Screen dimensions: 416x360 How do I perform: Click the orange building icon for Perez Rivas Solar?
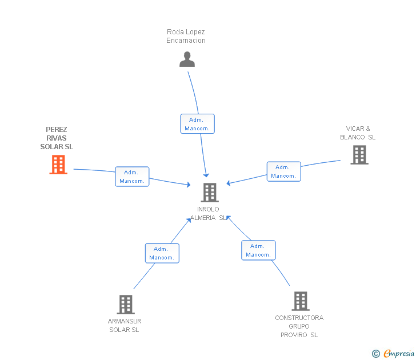click(58, 165)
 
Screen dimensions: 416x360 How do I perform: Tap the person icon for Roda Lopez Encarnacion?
click(187, 59)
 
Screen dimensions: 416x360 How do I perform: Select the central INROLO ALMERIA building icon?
click(210, 193)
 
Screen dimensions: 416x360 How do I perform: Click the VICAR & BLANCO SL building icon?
click(359, 155)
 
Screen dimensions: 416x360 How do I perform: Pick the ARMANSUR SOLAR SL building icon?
click(126, 305)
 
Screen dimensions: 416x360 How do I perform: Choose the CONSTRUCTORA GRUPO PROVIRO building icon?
click(301, 301)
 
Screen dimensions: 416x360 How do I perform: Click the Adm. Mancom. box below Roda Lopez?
click(197, 124)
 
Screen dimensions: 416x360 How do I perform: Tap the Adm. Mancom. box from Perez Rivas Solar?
click(132, 177)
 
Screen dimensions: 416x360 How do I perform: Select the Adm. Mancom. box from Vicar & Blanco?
click(284, 171)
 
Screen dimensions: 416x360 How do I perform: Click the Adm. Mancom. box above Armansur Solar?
click(162, 253)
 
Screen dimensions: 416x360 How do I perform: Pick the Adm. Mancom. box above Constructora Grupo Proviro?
click(258, 250)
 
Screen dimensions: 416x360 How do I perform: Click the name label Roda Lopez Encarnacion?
click(186, 36)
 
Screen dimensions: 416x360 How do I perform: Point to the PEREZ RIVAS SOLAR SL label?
click(57, 138)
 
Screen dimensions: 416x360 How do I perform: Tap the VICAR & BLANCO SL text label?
click(358, 133)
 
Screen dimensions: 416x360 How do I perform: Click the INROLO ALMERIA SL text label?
click(209, 214)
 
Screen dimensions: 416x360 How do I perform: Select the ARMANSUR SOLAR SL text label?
click(125, 326)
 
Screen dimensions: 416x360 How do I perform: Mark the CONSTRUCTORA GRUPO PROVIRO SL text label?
click(299, 326)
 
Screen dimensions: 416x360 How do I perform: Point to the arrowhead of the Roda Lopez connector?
click(206, 175)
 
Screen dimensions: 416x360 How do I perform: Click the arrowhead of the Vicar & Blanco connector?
click(229, 183)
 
